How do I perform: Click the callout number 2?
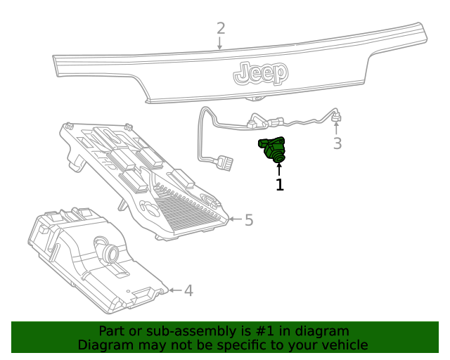tap(221, 29)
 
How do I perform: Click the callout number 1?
tap(280, 185)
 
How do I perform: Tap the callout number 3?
tap(337, 144)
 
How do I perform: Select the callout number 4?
tap(188, 290)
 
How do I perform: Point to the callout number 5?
tap(248, 220)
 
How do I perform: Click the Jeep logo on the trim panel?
tap(260, 72)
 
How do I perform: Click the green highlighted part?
tap(274, 149)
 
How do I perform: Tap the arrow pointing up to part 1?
tap(279, 169)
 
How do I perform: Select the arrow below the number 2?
tap(220, 43)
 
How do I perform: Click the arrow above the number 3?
tap(337, 128)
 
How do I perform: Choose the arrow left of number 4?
tap(174, 290)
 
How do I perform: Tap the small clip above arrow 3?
tap(337, 115)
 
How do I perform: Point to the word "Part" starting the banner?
tap(112, 331)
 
